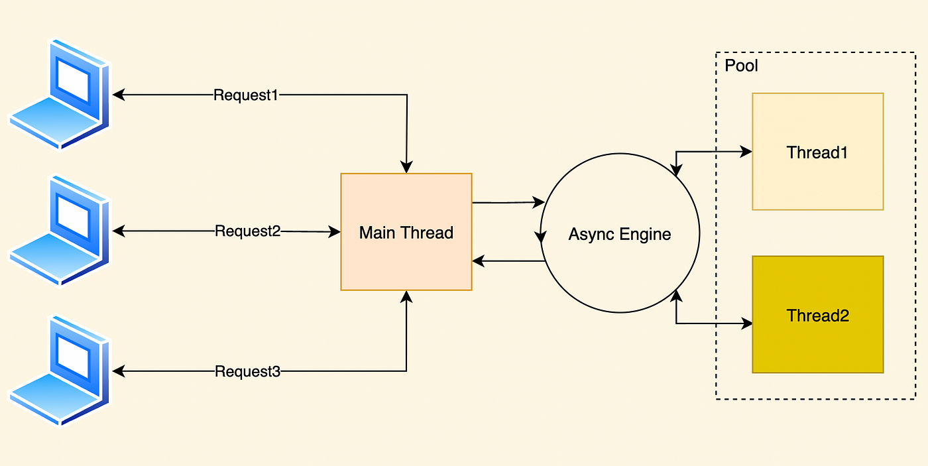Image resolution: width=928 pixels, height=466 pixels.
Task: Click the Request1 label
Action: click(x=246, y=95)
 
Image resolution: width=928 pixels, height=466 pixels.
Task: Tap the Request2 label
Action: click(x=248, y=231)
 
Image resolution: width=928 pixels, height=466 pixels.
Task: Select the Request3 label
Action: click(x=248, y=371)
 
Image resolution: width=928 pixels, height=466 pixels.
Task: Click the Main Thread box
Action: click(x=406, y=232)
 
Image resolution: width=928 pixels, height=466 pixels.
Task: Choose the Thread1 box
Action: click(x=818, y=152)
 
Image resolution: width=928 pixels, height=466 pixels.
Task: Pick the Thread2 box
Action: click(x=818, y=315)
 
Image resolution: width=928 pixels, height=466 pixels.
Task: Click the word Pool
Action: click(x=741, y=66)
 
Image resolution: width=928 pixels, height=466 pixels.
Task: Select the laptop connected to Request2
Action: click(x=59, y=230)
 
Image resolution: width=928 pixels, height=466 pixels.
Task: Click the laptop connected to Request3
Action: click(x=59, y=371)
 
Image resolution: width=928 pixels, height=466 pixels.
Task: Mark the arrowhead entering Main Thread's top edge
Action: click(x=406, y=167)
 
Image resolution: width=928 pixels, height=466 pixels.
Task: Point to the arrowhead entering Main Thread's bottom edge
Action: click(x=406, y=297)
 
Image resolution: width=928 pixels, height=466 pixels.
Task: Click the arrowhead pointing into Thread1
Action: click(x=746, y=152)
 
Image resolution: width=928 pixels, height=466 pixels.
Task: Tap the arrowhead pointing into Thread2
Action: click(x=746, y=323)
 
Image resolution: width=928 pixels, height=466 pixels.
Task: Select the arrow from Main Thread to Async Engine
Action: click(x=508, y=203)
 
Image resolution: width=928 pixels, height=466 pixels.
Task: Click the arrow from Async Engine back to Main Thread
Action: click(x=508, y=261)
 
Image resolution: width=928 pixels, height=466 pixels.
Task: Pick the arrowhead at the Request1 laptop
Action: click(x=119, y=95)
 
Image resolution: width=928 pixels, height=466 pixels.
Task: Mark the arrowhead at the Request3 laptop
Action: click(x=119, y=371)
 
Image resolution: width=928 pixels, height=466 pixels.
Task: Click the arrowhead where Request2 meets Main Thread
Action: click(x=334, y=231)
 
